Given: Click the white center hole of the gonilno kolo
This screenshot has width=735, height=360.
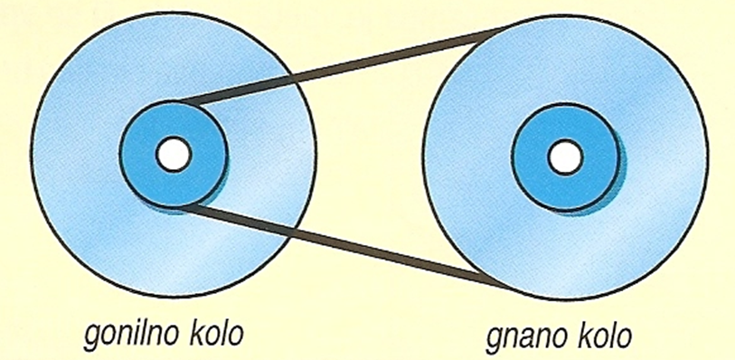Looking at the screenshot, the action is coord(174,154).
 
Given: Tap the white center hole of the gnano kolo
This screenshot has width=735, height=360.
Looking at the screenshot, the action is coord(565,157).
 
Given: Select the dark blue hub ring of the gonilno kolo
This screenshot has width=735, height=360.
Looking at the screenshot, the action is coord(141,155).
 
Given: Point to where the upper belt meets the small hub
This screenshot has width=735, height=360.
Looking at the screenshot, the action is coord(186,102).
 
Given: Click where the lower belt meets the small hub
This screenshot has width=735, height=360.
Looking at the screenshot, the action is coord(186,206).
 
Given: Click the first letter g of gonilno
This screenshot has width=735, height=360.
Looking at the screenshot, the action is coord(93,337).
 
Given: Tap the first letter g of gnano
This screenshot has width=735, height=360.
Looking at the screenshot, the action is coord(495,341).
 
